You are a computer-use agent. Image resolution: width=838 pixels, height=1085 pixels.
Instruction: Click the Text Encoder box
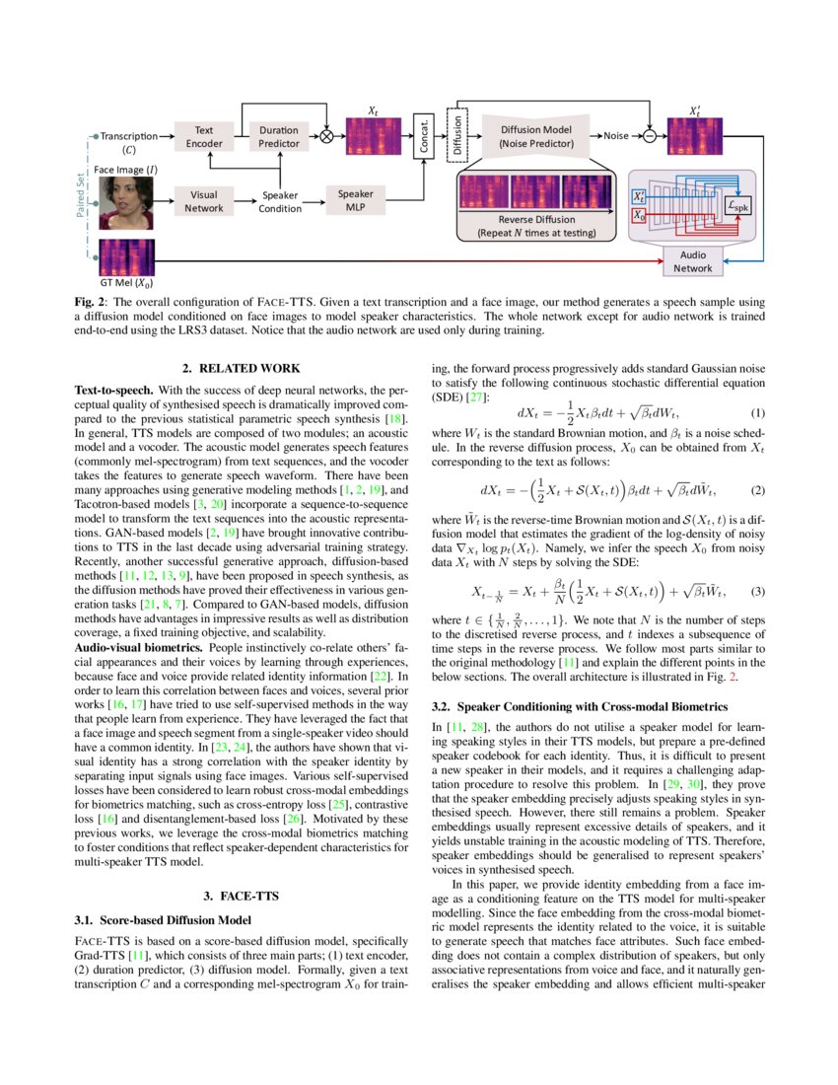[x=204, y=136]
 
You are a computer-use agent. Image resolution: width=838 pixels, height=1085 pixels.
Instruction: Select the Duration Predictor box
[x=279, y=136]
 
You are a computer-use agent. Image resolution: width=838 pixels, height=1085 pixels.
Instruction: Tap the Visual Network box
[x=204, y=201]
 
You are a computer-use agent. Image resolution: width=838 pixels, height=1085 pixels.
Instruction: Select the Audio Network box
[x=693, y=260]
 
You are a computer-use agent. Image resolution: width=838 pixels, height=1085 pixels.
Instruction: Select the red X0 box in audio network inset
[x=640, y=215]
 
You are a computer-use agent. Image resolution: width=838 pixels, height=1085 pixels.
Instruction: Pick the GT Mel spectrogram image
[x=127, y=256]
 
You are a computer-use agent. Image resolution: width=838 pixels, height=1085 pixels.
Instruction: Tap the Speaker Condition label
[x=279, y=201]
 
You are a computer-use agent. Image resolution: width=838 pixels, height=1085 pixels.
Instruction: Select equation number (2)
[x=758, y=489]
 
